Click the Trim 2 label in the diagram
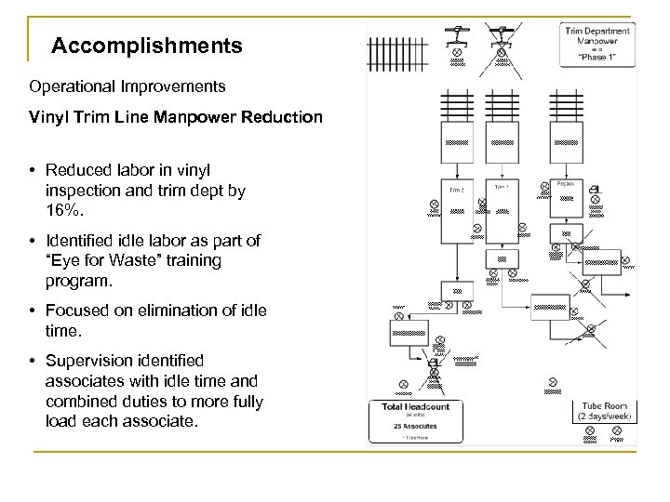[x=456, y=190]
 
